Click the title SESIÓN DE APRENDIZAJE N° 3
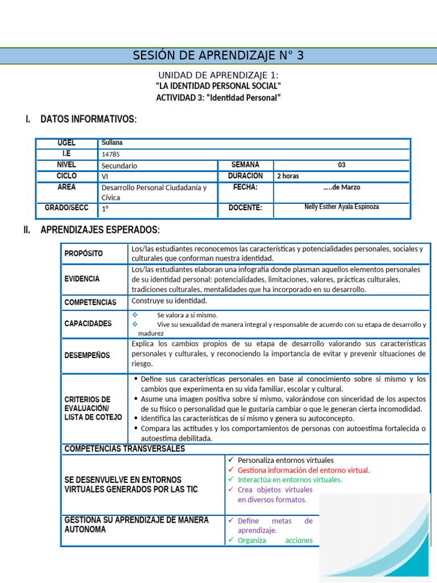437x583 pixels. [218, 55]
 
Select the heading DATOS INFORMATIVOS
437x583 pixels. [88, 119]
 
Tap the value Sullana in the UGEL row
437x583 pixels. [112, 143]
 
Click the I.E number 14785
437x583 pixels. [111, 154]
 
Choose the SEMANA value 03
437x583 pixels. [341, 165]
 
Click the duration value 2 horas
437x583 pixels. [288, 176]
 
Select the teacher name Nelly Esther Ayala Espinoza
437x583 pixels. [341, 207]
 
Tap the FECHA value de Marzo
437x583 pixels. [341, 187]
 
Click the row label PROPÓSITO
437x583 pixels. [84, 253]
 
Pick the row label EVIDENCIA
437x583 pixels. [82, 279]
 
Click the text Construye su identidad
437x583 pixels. [169, 301]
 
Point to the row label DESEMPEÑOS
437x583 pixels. [87, 355]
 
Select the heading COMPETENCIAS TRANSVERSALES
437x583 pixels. [125, 449]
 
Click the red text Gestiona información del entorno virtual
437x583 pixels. [303, 470]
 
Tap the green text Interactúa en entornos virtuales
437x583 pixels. [290, 480]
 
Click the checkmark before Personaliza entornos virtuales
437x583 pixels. [230, 460]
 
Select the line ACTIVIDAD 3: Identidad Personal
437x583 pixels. [218, 97]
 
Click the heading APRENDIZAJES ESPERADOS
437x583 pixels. [100, 230]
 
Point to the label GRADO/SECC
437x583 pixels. [67, 208]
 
